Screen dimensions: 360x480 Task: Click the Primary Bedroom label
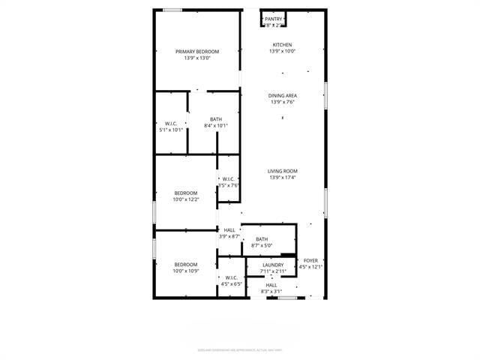[197, 51]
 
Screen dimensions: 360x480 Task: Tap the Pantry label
[273, 19]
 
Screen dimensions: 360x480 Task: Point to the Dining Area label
[283, 95]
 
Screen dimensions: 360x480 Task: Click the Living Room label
[283, 171]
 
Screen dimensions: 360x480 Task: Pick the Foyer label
[310, 260]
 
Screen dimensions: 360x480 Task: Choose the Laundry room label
[273, 265]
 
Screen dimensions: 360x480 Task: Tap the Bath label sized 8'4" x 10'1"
[216, 119]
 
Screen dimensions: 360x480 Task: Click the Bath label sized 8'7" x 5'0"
[262, 239]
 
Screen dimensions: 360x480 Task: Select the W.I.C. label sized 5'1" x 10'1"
[171, 123]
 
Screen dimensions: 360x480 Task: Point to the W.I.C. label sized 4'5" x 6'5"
[231, 277]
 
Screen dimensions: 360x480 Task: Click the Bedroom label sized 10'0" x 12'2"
[186, 193]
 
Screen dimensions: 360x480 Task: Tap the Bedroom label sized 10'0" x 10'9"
[186, 264]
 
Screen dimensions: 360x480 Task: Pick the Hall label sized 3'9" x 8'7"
[229, 230]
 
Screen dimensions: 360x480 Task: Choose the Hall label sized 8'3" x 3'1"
[271, 285]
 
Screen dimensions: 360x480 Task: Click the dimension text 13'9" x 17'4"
[283, 178]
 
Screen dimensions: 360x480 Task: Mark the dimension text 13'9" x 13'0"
[197, 58]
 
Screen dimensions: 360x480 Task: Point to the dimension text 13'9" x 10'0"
[283, 52]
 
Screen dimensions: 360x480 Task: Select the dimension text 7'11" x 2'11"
[273, 271]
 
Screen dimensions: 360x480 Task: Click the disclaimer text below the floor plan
[239, 349]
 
